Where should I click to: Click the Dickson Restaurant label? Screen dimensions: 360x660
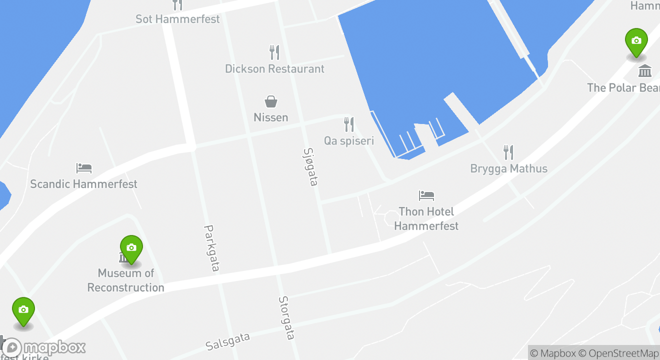point(274,69)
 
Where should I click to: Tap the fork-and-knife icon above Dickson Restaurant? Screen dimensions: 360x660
point(274,52)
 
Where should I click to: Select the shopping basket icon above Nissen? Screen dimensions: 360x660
point(271,101)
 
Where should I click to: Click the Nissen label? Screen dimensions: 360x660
point(271,117)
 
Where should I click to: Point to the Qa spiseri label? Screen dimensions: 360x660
point(349,141)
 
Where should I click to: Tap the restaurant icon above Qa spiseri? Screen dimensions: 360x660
point(349,124)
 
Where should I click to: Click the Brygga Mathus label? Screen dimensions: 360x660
point(508,168)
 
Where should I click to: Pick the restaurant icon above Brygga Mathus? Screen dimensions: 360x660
point(508,152)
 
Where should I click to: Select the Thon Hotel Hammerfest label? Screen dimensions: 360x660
point(426,218)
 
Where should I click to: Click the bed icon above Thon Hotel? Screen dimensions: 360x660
point(426,195)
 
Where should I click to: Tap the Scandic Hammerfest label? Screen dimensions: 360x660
point(83,184)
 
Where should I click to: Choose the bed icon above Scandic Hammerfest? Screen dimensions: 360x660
point(84,167)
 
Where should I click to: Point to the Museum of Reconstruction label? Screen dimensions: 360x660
point(125,280)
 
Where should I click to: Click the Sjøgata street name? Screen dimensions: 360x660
point(310,166)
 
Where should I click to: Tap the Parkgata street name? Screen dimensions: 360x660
point(211,248)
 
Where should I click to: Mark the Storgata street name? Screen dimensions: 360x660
point(286,317)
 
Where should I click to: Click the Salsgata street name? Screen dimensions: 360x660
point(227,341)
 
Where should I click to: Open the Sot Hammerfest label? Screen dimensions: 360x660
point(177,19)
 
